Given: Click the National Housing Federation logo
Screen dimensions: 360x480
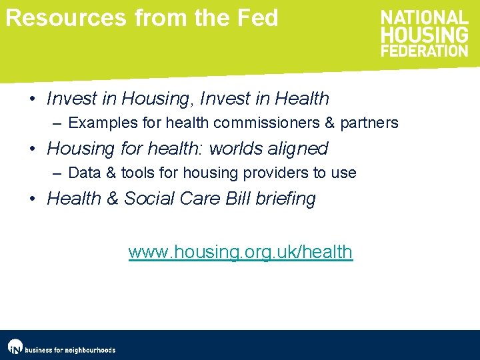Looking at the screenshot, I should click(424, 33).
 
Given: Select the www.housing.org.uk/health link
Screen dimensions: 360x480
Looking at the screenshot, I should click(240, 252).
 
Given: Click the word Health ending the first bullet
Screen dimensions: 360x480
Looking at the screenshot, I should click(302, 99).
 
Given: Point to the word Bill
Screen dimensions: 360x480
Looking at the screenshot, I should click(239, 199).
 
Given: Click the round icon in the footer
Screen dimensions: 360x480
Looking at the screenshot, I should click(15, 347).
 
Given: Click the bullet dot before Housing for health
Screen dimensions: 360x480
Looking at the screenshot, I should click(33, 149).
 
